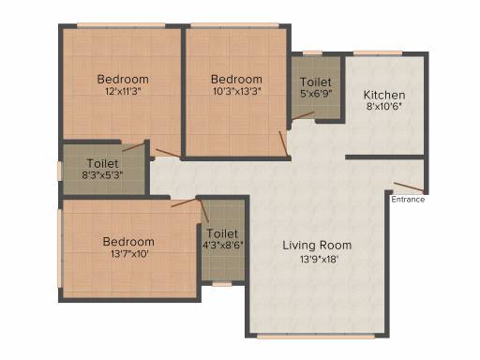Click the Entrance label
(408, 200)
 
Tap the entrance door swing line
(409, 187)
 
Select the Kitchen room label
(384, 95)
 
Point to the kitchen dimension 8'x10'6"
(384, 107)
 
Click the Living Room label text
(317, 246)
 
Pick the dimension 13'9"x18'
(319, 260)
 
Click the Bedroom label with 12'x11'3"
(123, 79)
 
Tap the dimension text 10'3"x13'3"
(237, 92)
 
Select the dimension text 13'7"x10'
(129, 254)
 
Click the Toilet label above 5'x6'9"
(316, 82)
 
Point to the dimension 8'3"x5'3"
(102, 175)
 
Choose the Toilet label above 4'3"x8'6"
(222, 233)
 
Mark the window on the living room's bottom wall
(316, 337)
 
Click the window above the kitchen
(378, 53)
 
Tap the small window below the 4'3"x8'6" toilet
(222, 284)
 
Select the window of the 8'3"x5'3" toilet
(59, 171)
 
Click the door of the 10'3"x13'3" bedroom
(283, 143)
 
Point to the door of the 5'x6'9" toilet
(304, 115)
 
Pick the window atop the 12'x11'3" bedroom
(121, 25)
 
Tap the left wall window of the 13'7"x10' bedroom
(59, 248)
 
